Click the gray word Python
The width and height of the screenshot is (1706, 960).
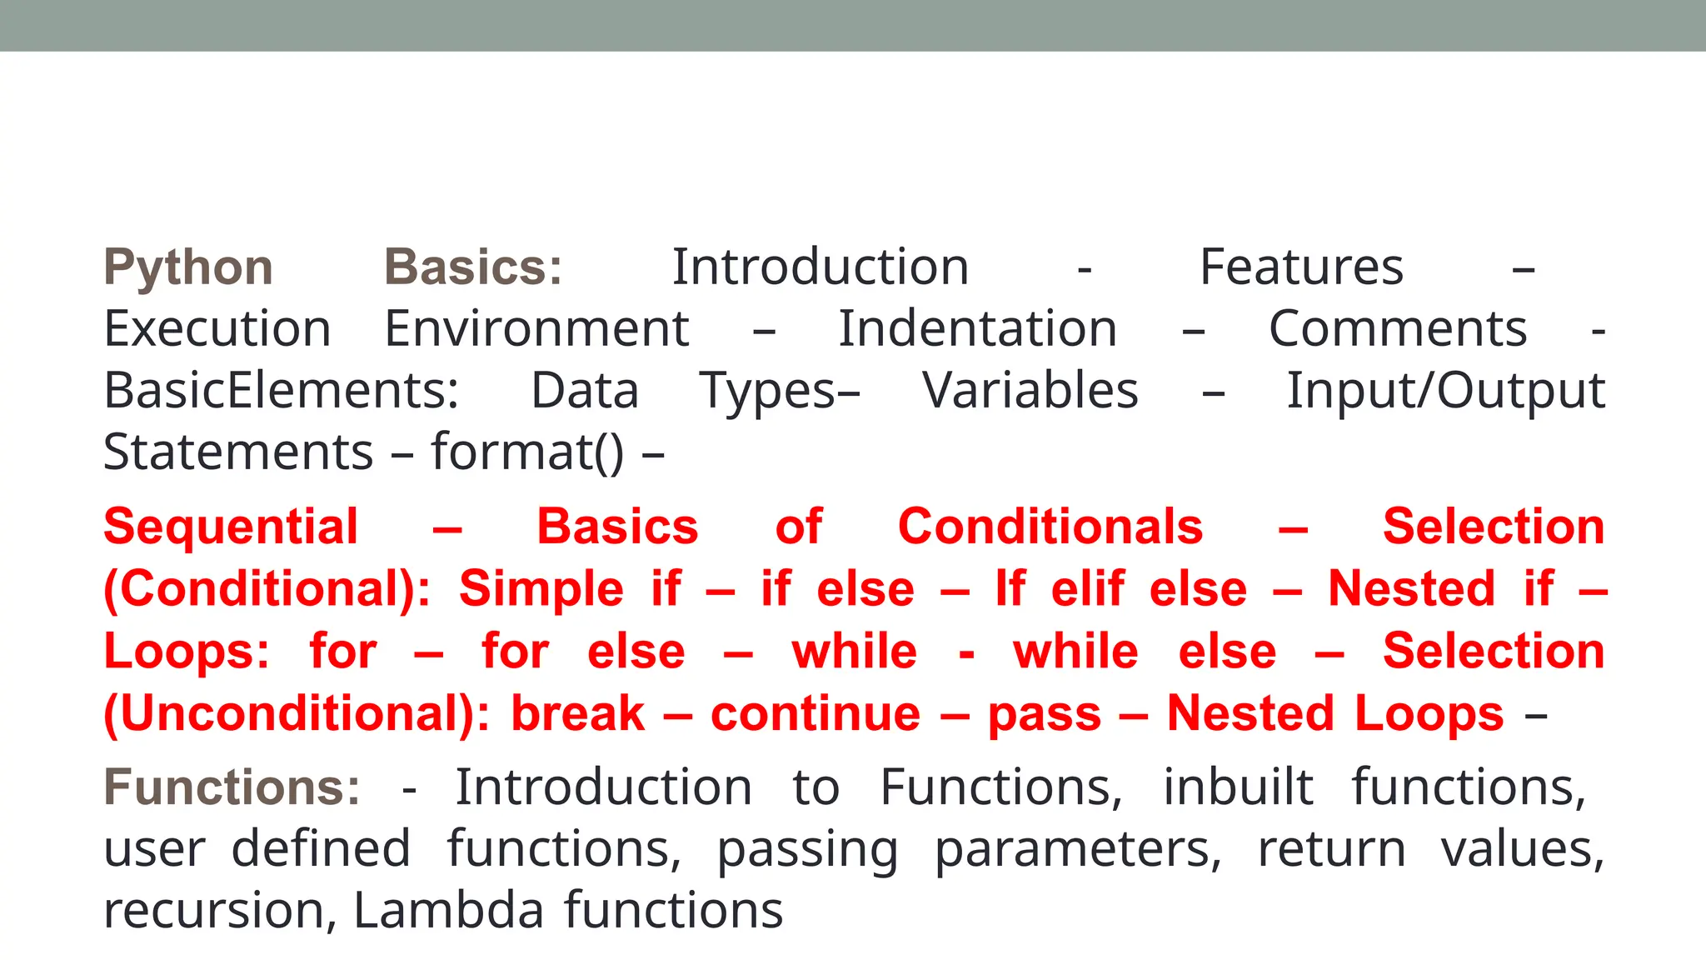pos(188,268)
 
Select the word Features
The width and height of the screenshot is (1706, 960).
pos(1301,267)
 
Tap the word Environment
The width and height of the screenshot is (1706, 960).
pos(536,329)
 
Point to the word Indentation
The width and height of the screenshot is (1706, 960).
pos(977,329)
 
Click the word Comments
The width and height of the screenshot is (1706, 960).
pos(1398,329)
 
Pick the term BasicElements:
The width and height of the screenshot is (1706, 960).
pos(281,391)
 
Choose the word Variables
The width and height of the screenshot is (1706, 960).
pos(1030,391)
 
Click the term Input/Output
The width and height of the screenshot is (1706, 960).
pos(1445,391)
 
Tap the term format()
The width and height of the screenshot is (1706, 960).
pos(526,452)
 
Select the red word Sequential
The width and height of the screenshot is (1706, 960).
pos(231,527)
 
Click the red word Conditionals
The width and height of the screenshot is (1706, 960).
pos(1050,527)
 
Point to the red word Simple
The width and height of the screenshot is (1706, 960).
pos(541,589)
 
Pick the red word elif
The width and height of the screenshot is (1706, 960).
pos(1087,589)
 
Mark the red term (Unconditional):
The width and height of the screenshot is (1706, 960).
pos(297,714)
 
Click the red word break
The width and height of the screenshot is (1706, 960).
pos(577,714)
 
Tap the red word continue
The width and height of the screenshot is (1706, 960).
pos(816,714)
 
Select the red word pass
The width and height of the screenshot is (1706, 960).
pos(1045,714)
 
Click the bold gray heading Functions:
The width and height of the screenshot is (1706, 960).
pos(232,787)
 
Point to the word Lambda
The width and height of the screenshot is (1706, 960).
pos(448,910)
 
